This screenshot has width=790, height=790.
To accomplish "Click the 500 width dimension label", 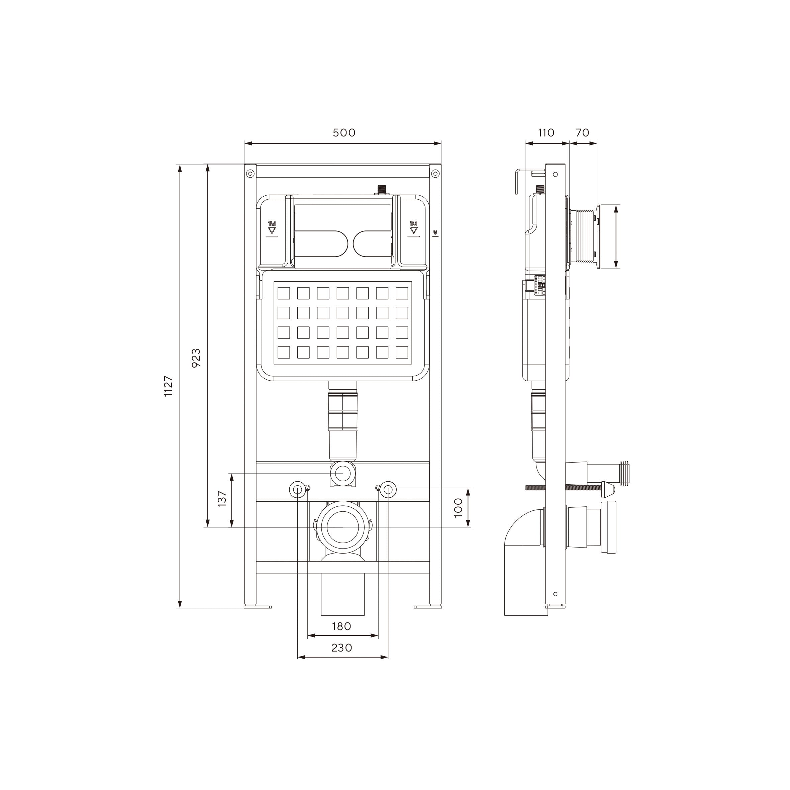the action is pos(344,133).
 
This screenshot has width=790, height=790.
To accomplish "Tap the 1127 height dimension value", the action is pos(169,386).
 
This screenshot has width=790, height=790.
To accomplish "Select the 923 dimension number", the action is pos(196,358).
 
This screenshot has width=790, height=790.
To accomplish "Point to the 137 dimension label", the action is pos(222,499).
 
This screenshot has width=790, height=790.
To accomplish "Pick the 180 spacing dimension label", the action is pos(341,626).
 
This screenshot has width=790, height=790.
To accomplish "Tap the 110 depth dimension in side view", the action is pos(546,133).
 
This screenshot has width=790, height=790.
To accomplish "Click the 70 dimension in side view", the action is pos(582,133).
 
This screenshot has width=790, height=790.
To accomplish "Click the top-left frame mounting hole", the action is pos(250,173).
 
